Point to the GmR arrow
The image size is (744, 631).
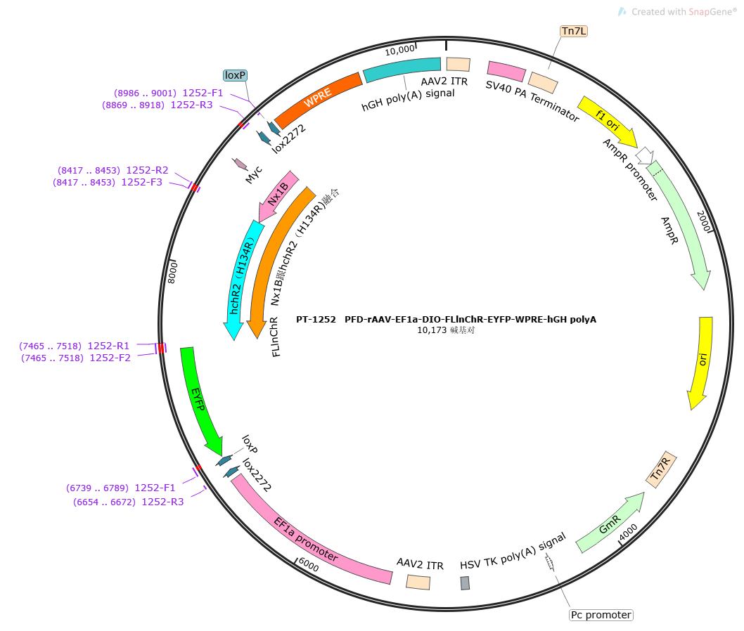(609, 523)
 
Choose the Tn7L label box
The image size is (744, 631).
(574, 31)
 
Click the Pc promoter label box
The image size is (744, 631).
(601, 615)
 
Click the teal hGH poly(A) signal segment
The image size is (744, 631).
(402, 69)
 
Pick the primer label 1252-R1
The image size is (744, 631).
(108, 346)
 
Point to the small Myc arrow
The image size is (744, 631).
(240, 164)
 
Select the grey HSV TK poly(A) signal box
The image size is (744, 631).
(465, 583)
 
